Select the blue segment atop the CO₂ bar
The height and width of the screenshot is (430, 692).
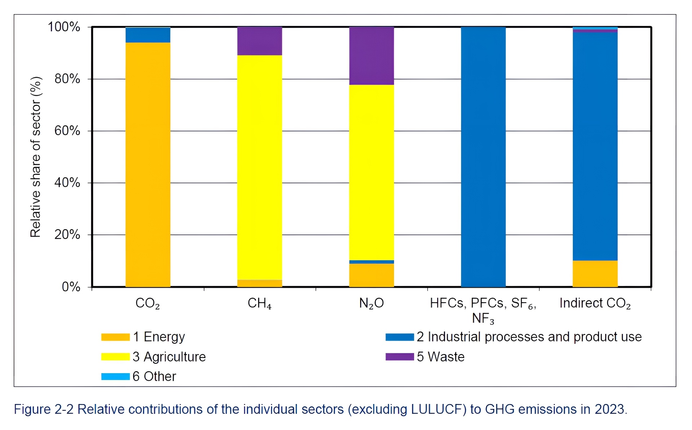click(148, 35)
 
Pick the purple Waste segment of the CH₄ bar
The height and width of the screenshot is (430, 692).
click(259, 41)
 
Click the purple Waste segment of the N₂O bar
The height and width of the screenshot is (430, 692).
click(372, 56)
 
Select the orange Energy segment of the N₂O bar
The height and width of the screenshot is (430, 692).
click(372, 275)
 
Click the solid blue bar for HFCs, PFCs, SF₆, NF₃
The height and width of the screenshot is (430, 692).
click(483, 157)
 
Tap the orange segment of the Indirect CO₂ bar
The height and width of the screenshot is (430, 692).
click(595, 274)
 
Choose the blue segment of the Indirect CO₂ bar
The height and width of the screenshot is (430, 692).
click(595, 146)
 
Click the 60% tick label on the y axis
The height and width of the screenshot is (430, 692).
click(67, 131)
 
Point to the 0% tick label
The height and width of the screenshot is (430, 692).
click(71, 287)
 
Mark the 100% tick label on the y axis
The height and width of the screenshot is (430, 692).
click(64, 27)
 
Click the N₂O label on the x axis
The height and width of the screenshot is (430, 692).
click(372, 304)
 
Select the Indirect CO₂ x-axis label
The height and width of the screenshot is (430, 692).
click(595, 304)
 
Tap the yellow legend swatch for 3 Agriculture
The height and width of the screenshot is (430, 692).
click(115, 357)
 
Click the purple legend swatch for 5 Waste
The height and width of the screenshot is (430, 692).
click(399, 357)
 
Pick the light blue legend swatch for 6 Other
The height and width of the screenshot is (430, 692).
click(115, 377)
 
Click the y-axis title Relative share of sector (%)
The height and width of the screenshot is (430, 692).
click(36, 157)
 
